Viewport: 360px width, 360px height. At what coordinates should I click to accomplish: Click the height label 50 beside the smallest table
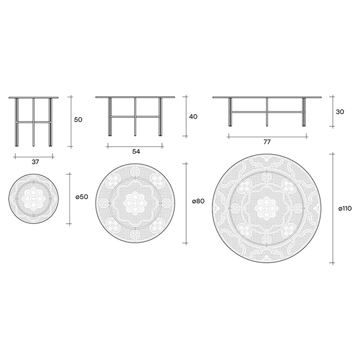78,120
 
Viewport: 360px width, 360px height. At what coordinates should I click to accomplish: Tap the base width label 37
35,162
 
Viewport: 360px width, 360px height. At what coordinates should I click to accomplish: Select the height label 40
193,117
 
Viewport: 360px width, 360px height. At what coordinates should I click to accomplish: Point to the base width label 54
136,152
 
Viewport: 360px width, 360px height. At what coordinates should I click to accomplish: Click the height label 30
340,112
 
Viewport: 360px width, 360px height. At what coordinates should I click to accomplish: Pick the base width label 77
267,142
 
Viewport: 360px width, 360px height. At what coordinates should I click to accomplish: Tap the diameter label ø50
82,197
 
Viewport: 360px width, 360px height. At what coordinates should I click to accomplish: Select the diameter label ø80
198,202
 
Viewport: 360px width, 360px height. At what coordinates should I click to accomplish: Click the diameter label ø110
345,209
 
